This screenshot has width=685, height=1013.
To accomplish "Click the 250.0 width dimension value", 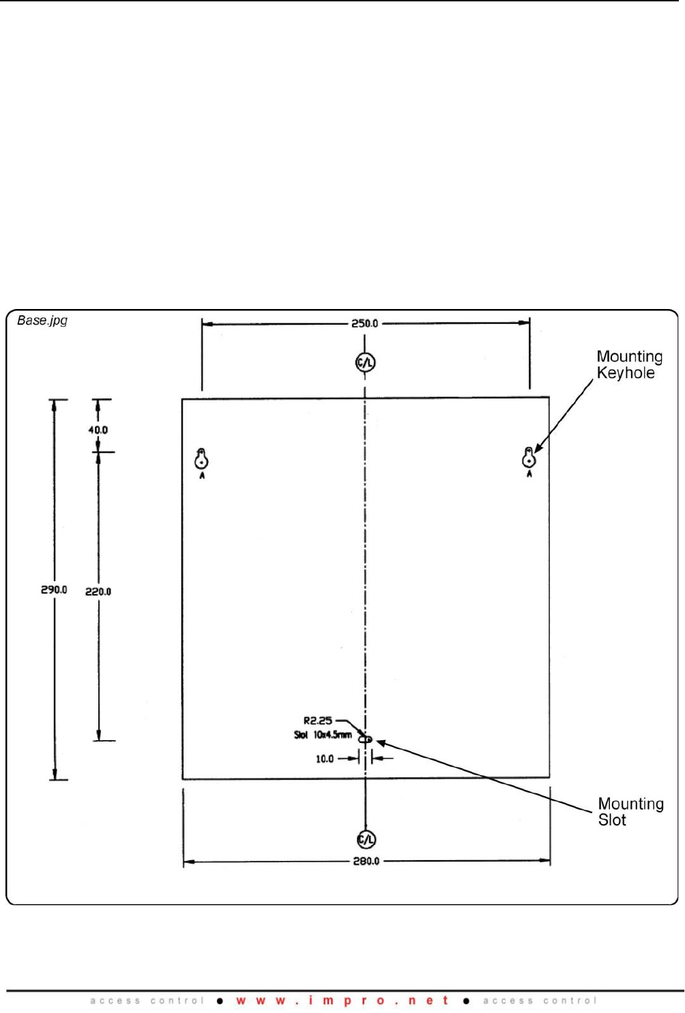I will pyautogui.click(x=364, y=323).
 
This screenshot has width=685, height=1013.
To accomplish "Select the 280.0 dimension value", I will pyautogui.click(x=366, y=861).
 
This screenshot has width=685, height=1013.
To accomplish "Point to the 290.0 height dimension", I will pyautogui.click(x=54, y=589).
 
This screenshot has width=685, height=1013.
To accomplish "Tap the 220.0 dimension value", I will pyautogui.click(x=98, y=591).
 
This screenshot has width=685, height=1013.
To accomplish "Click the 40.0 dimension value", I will pyautogui.click(x=98, y=430).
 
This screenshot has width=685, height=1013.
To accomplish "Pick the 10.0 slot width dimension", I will pyautogui.click(x=325, y=759).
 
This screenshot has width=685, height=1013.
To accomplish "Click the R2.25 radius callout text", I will pyautogui.click(x=317, y=720).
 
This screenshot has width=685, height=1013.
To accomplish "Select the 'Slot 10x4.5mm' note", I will pyautogui.click(x=323, y=735).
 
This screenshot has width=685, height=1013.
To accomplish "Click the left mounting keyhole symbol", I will pyautogui.click(x=201, y=459).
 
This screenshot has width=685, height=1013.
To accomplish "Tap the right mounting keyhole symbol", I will pyautogui.click(x=529, y=458).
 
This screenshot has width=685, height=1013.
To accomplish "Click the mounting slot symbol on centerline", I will pyautogui.click(x=366, y=739).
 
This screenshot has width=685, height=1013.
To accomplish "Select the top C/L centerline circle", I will pyautogui.click(x=365, y=362).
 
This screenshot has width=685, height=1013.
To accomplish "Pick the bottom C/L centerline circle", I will pyautogui.click(x=366, y=839).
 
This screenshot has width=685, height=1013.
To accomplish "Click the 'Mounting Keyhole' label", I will pyautogui.click(x=629, y=364).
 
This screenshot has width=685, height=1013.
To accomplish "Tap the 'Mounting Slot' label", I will pyautogui.click(x=630, y=812).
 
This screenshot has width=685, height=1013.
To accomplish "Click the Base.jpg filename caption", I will pyautogui.click(x=42, y=321).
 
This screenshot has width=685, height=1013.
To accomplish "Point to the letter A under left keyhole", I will pyautogui.click(x=202, y=475).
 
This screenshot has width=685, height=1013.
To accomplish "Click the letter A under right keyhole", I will pyautogui.click(x=529, y=474).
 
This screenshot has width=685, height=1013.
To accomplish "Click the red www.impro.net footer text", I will pyautogui.click(x=342, y=1001).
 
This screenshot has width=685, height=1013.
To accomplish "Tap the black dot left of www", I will pyautogui.click(x=220, y=1001).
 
